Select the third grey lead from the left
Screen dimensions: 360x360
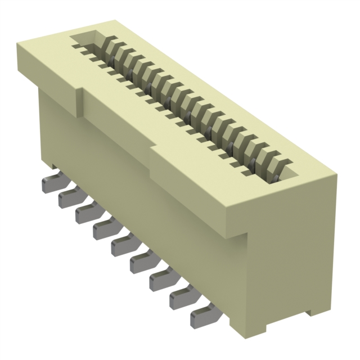pos(86,213)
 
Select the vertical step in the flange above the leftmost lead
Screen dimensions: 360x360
pos(79,101)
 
